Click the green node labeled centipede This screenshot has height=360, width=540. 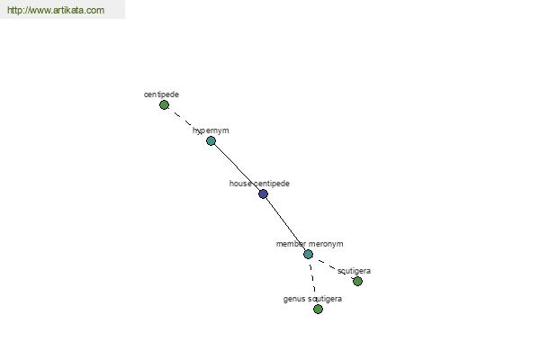pyautogui.click(x=165, y=105)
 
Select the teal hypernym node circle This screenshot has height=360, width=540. pyautogui.click(x=211, y=141)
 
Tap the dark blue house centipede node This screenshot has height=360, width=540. pyautogui.click(x=263, y=194)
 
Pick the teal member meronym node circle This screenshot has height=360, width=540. pyautogui.click(x=308, y=254)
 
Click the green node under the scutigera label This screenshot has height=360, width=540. pyautogui.click(x=357, y=282)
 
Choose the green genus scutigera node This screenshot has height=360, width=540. pyautogui.click(x=318, y=309)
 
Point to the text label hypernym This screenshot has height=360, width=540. pyautogui.click(x=211, y=130)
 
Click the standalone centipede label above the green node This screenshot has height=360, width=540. pyautogui.click(x=161, y=94)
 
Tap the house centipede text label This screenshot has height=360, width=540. pyautogui.click(x=259, y=184)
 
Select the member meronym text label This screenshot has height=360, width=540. pyautogui.click(x=310, y=244)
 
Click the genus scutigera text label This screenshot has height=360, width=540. pyautogui.click(x=312, y=299)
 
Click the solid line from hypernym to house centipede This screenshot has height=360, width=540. pyautogui.click(x=237, y=167)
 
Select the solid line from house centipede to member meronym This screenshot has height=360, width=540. pyautogui.click(x=286, y=224)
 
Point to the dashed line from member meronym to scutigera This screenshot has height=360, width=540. pyautogui.click(x=333, y=268)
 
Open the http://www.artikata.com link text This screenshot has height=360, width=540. pyautogui.click(x=56, y=10)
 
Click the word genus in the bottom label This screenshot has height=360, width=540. pyautogui.click(x=294, y=300)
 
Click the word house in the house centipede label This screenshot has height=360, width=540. pyautogui.click(x=240, y=184)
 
